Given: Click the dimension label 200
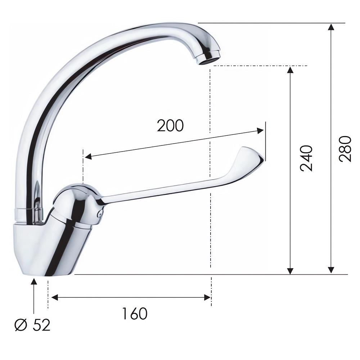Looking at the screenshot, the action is coord(170,126).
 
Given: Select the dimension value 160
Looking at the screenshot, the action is coord(135,314).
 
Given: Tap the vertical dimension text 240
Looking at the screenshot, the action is coord(306,158).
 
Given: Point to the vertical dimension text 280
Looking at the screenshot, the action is coord(345,149).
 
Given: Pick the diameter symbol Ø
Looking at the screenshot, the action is coord(21,325).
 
